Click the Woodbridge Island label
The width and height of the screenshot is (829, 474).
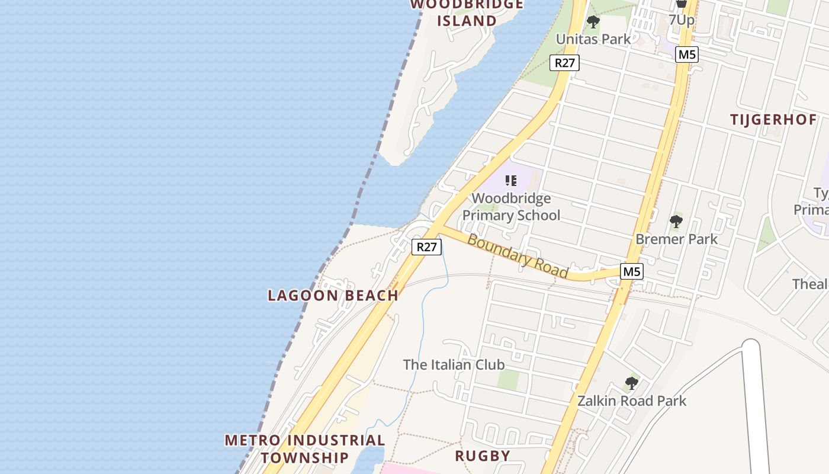(467, 13)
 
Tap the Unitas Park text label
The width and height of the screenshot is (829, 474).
(593, 39)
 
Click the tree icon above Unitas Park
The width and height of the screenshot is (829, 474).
(593, 23)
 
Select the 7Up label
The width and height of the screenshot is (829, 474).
(682, 20)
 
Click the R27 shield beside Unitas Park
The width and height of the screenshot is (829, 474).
(564, 63)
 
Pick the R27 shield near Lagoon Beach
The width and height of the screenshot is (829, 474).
(426, 247)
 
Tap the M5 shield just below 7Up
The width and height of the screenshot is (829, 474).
(687, 55)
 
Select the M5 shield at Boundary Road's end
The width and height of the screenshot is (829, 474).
(632, 272)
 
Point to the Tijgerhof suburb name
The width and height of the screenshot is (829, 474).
(773, 120)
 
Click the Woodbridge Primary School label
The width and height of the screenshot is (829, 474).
(511, 207)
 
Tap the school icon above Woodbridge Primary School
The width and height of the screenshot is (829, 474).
(511, 181)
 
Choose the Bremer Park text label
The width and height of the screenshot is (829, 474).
(676, 239)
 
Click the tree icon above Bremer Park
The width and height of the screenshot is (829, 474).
(676, 222)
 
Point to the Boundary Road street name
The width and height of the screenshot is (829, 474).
(518, 256)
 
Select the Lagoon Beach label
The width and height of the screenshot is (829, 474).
(333, 296)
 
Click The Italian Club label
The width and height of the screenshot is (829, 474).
(454, 364)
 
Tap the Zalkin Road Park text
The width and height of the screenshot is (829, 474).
(632, 401)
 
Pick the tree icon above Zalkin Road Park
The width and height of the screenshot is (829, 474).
(631, 383)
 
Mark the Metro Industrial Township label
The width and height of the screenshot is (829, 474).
(305, 449)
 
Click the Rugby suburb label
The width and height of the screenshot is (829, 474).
(483, 456)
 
